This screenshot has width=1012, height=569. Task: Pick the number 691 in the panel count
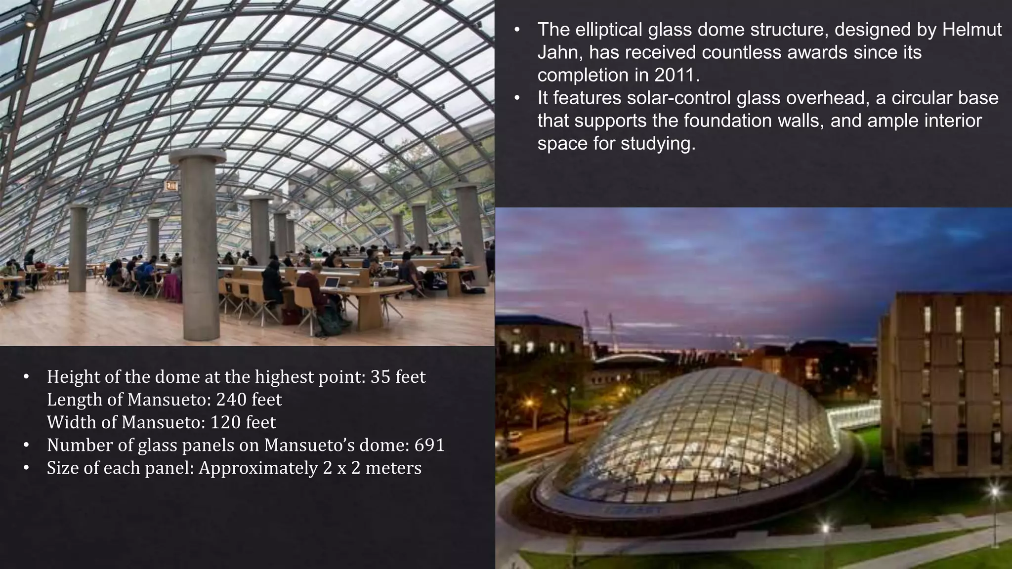(429, 445)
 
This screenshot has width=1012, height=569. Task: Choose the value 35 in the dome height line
(380, 377)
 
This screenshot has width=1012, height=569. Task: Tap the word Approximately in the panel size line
(258, 468)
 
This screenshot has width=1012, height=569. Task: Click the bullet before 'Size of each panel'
(27, 468)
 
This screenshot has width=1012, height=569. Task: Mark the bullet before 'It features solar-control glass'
(517, 98)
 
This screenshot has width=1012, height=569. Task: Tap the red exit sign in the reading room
(171, 186)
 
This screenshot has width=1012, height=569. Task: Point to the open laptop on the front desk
(332, 283)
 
